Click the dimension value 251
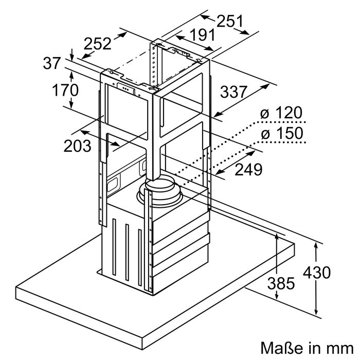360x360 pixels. [230, 21]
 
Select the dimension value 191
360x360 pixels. [203, 35]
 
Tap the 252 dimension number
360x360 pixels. [98, 43]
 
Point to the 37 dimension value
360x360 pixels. [52, 63]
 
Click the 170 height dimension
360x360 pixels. [65, 90]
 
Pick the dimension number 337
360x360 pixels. [233, 92]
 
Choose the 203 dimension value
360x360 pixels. [77, 146]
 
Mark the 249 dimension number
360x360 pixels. [248, 169]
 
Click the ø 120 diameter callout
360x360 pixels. [281, 113]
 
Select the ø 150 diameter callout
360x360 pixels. [282, 133]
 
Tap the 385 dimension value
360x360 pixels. [281, 283]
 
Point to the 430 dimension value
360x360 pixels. [317, 273]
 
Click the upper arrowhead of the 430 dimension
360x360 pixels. [316, 246]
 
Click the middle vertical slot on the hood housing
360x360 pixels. [127, 252]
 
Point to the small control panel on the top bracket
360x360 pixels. [125, 88]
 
